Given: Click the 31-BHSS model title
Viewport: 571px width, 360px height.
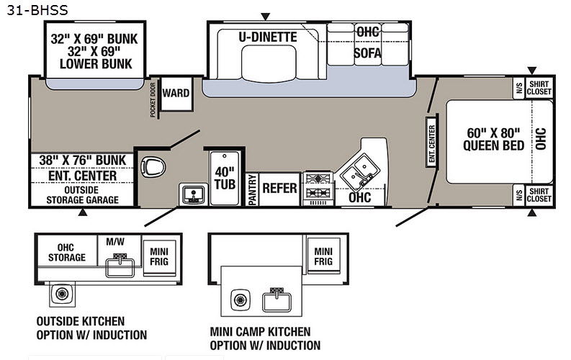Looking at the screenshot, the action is tap(37, 10).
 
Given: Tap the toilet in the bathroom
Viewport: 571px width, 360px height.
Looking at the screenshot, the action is tap(153, 167).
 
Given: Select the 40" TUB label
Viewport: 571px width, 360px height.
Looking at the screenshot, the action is tap(225, 178).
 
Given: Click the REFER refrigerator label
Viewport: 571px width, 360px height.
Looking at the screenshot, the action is tap(279, 188).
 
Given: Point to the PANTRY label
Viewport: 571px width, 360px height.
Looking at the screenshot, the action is tap(252, 189).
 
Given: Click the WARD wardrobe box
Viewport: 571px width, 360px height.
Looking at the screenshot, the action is tap(176, 94).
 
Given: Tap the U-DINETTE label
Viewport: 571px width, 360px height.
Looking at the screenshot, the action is tap(268, 37).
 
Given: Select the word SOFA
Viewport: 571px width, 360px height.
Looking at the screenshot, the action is tap(368, 53).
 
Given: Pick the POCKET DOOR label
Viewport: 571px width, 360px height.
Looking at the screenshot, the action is tap(153, 100).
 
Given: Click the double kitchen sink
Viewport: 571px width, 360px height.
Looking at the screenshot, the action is tap(359, 171).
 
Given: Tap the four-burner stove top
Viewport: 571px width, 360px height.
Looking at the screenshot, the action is tap(318, 186).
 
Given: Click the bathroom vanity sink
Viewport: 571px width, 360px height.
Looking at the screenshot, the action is tap(193, 194).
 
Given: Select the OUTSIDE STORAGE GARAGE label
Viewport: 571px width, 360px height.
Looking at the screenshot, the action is tap(82, 195).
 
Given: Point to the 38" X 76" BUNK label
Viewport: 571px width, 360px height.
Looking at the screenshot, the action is tap(82, 160).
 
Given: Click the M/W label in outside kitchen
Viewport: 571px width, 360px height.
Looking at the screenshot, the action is tap(115, 242).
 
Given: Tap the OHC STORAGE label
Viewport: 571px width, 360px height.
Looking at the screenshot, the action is tap(67, 253).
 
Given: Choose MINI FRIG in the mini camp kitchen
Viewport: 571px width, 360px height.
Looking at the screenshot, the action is tap(323, 256).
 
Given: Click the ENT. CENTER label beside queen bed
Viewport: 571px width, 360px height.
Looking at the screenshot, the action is tap(432, 143).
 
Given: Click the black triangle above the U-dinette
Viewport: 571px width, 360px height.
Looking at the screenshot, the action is tap(266, 17).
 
